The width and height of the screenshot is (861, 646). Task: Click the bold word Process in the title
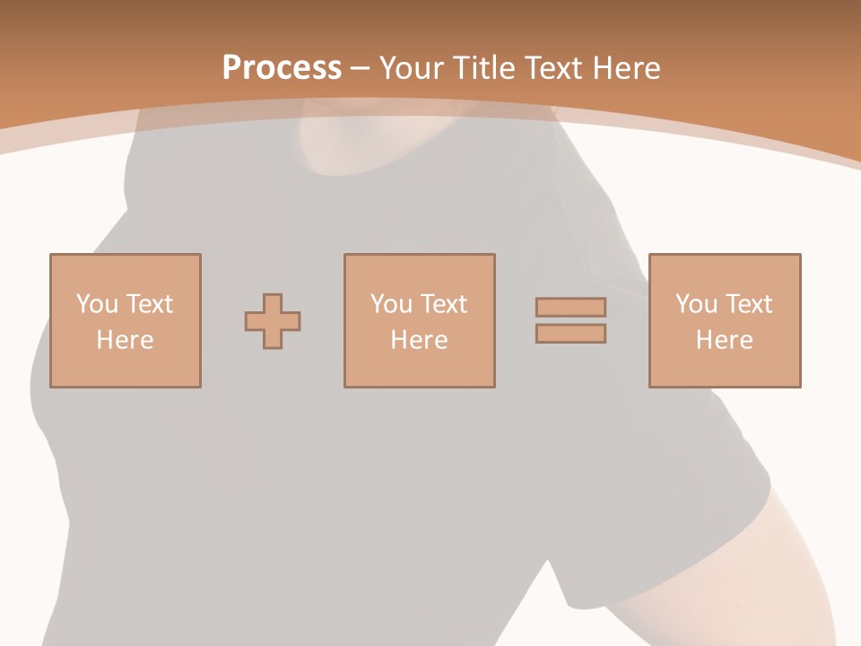coord(282,68)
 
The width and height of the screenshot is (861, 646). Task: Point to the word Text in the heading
coord(559,68)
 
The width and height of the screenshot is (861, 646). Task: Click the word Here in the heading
coord(629,68)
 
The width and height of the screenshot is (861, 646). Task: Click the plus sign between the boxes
coord(273,321)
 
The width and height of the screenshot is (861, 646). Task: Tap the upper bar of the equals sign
coord(570,307)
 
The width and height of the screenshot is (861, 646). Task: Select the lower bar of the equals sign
coord(570,334)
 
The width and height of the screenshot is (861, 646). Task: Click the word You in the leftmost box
coord(97,304)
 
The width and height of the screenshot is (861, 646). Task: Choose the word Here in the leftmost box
coord(125,340)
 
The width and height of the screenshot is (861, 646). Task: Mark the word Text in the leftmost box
coord(149,304)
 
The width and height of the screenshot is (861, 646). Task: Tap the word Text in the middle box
coord(443,304)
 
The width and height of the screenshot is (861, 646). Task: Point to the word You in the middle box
coord(391,304)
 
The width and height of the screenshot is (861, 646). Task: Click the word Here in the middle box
coord(419,340)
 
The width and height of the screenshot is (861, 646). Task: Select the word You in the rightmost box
coord(696,304)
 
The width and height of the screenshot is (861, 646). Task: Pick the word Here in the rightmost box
coord(724,340)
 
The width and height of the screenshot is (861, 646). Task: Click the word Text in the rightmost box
coord(748,304)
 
